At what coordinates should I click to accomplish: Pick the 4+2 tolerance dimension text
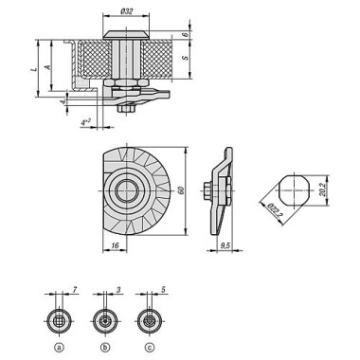85,122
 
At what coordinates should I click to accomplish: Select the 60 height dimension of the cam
192,193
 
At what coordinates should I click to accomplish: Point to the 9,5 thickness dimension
225,244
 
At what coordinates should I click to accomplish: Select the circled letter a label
59,347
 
